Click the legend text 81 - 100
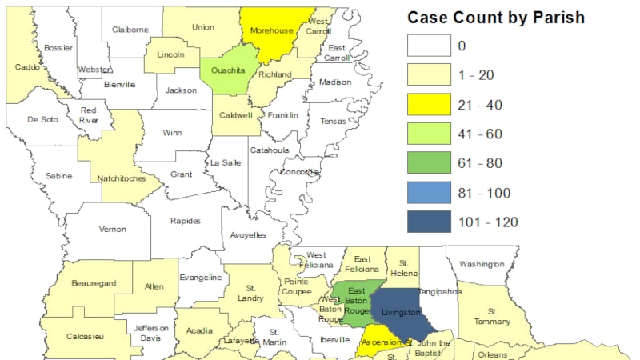[482, 193]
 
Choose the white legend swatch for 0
[429, 46]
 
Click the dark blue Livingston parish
[401, 311]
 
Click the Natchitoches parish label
[121, 178]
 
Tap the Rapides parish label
[186, 221]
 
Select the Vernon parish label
[112, 229]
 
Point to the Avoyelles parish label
[249, 235]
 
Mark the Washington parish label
[481, 264]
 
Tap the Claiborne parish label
[131, 30]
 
